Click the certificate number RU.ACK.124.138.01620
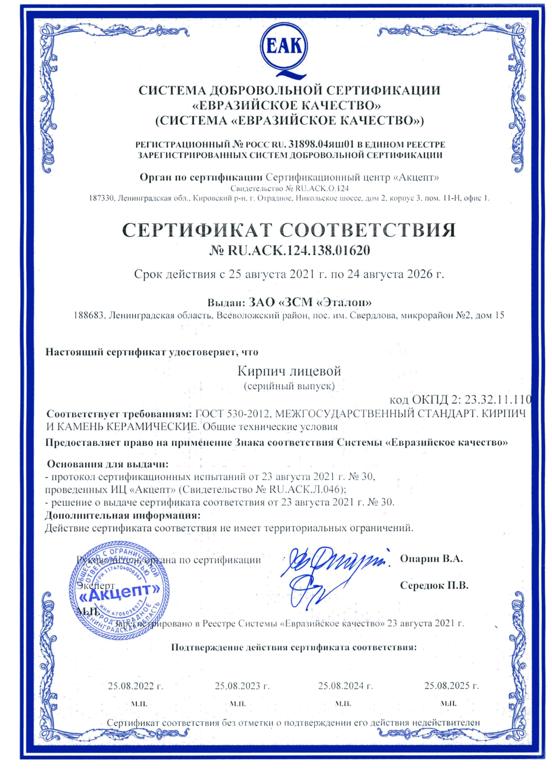[x=298, y=250]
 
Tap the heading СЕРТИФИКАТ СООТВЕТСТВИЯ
[x=289, y=230]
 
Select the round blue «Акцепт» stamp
[x=119, y=591]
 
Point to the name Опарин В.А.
[x=431, y=559]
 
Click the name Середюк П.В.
[x=434, y=585]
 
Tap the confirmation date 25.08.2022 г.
[x=135, y=686]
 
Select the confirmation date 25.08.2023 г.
[x=242, y=686]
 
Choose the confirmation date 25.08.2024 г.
[x=345, y=686]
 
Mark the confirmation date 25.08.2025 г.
[x=451, y=686]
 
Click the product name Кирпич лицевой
[x=289, y=371]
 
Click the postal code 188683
[x=89, y=315]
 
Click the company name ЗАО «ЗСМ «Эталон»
[x=310, y=303]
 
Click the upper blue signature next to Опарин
[x=334, y=563]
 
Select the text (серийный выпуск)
[x=289, y=385]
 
